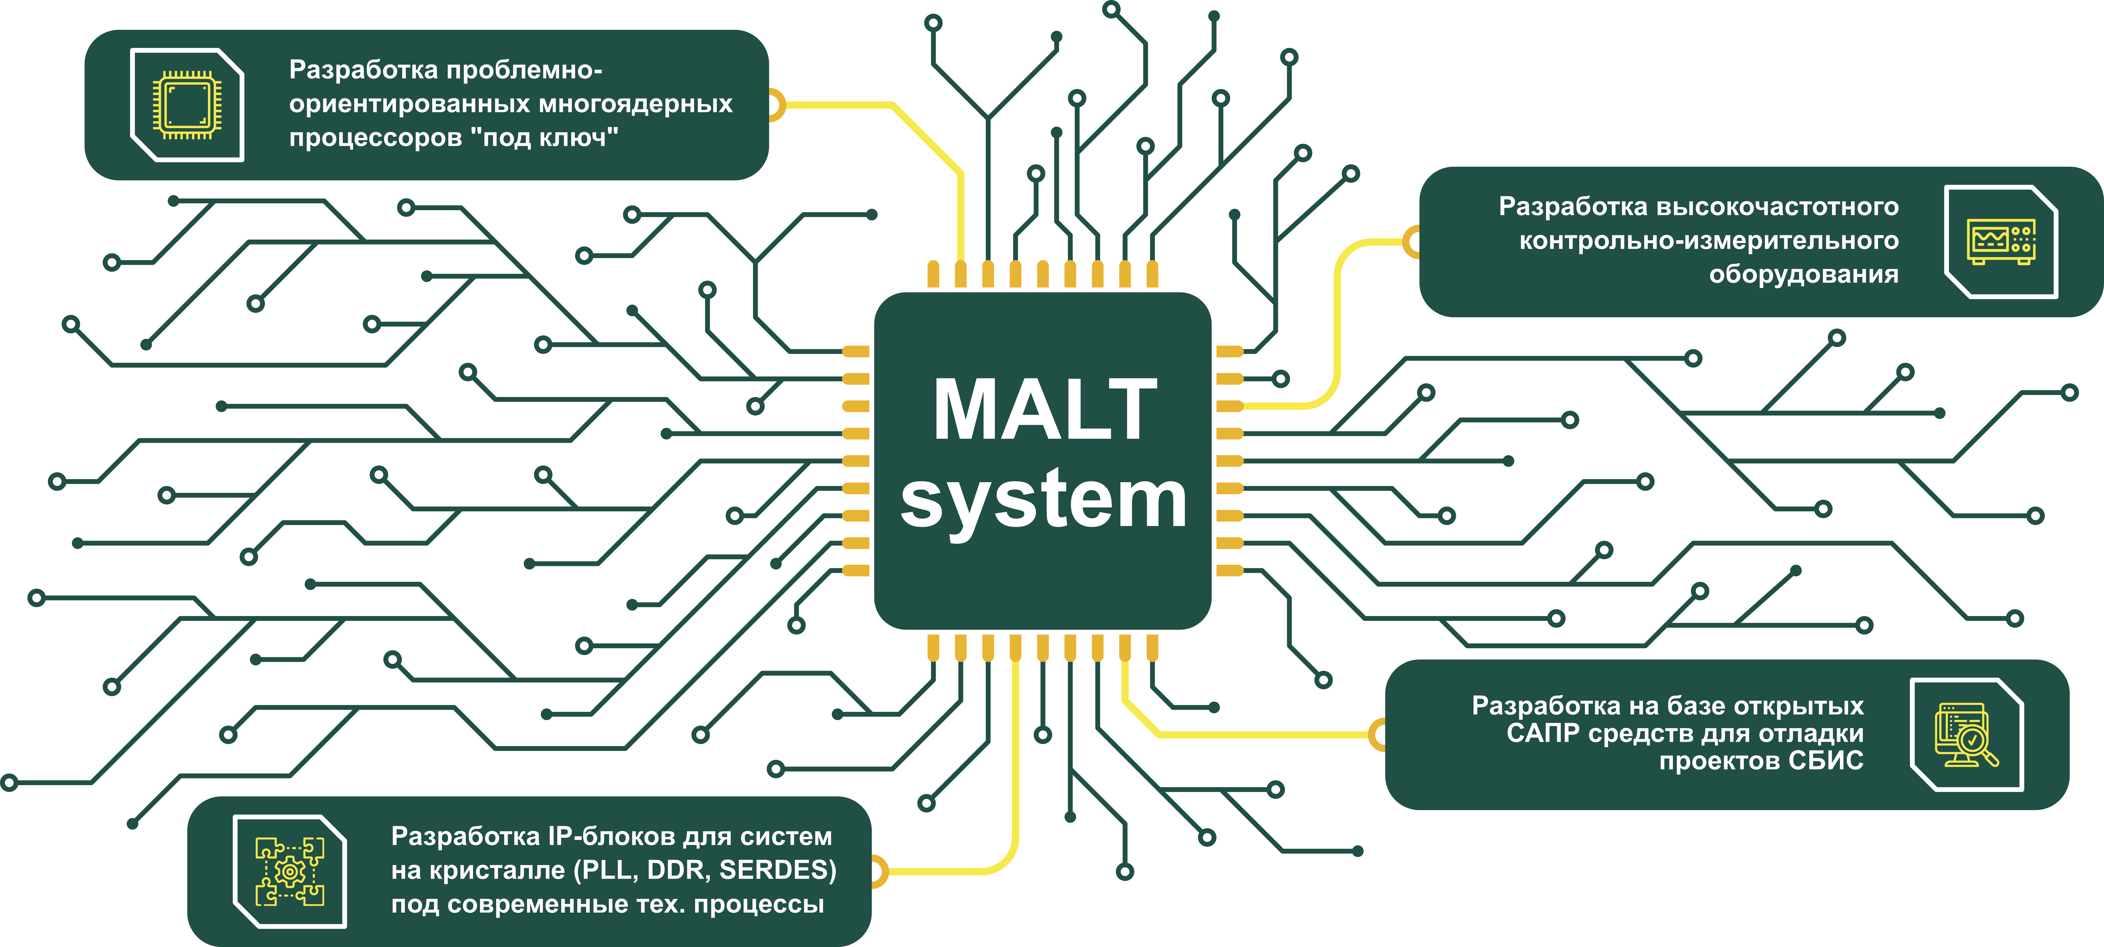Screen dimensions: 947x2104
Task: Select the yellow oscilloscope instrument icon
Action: click(2000, 242)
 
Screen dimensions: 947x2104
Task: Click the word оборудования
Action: click(1803, 275)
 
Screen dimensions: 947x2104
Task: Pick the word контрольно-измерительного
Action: click(1709, 241)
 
